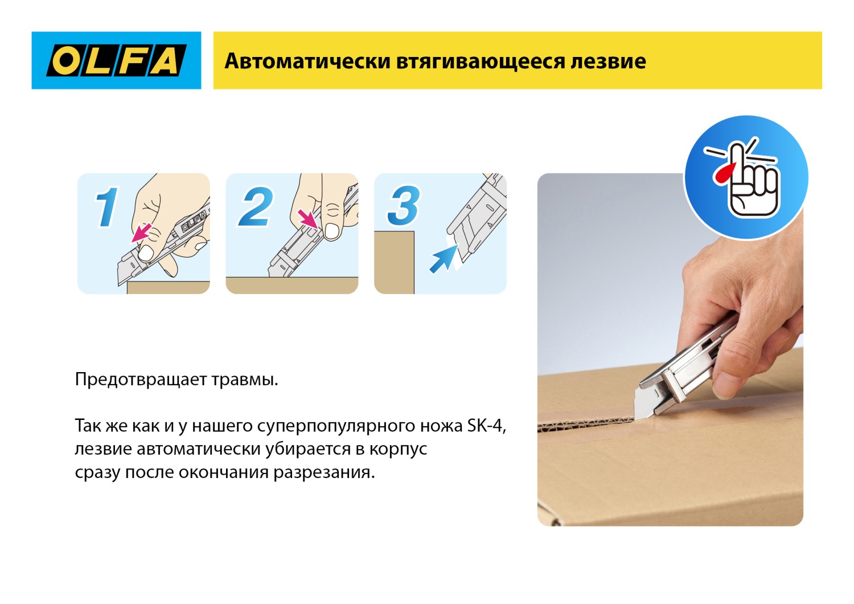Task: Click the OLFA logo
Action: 116,60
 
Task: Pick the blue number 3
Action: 404,206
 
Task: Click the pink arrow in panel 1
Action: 141,232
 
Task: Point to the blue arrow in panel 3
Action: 443,260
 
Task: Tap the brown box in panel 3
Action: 394,262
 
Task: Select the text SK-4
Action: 486,426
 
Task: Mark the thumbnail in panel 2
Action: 331,231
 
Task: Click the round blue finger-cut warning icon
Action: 746,177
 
